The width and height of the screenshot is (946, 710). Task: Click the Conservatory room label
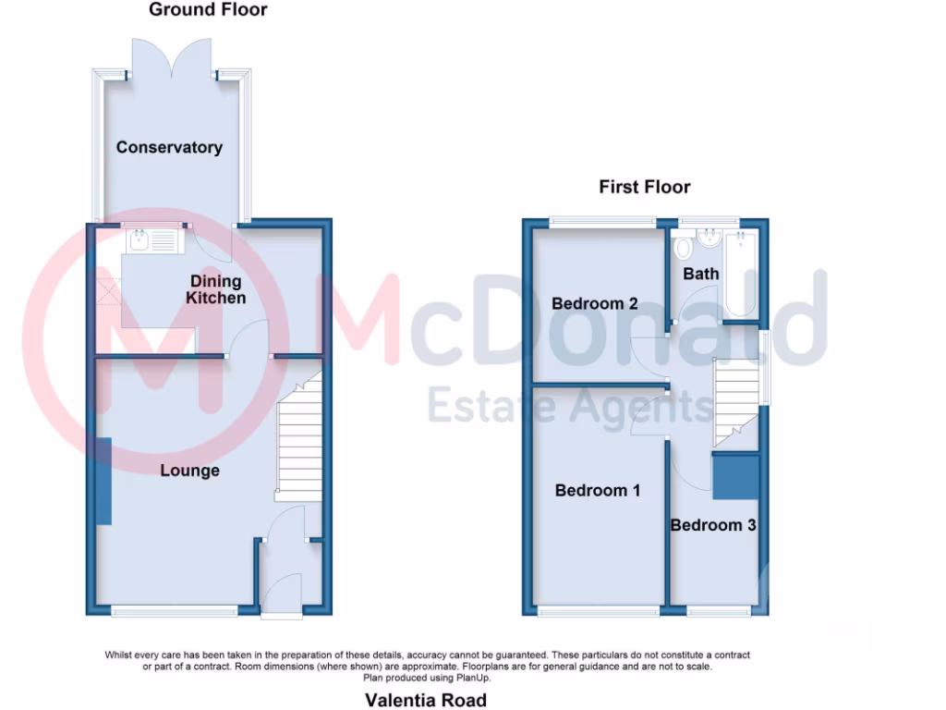click(x=169, y=147)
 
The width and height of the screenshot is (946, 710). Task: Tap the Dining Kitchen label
click(x=216, y=289)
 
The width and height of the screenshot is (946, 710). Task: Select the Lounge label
click(x=189, y=471)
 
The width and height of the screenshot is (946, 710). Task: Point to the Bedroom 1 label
click(x=597, y=490)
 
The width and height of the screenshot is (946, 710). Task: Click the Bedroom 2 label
click(x=595, y=303)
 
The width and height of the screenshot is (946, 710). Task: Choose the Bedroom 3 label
click(x=713, y=525)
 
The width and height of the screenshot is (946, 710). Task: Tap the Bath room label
click(x=700, y=274)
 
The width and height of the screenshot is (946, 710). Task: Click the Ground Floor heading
click(x=208, y=10)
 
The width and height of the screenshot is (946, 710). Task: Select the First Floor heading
click(x=644, y=187)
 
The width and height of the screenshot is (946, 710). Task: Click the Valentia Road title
click(x=425, y=700)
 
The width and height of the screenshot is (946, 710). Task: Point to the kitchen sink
click(x=139, y=242)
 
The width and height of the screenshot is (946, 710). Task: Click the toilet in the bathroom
click(x=683, y=249)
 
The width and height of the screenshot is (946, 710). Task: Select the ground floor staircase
click(x=297, y=439)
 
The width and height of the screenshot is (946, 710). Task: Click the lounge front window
click(x=175, y=609)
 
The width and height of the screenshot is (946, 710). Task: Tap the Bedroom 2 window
click(x=601, y=221)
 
